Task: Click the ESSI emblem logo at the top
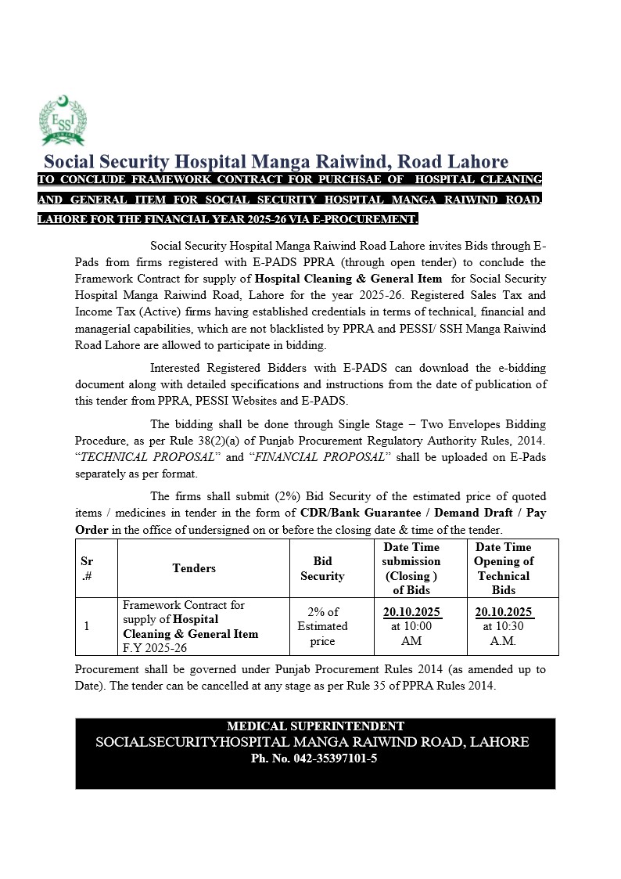(62, 121)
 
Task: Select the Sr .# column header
(87, 569)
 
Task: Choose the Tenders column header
(194, 568)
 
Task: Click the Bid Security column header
(322, 569)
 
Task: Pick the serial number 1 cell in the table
(86, 626)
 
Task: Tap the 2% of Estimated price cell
(322, 626)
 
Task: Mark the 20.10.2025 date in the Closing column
(411, 612)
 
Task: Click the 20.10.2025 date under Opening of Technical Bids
(504, 612)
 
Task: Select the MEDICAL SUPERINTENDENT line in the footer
(315, 726)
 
